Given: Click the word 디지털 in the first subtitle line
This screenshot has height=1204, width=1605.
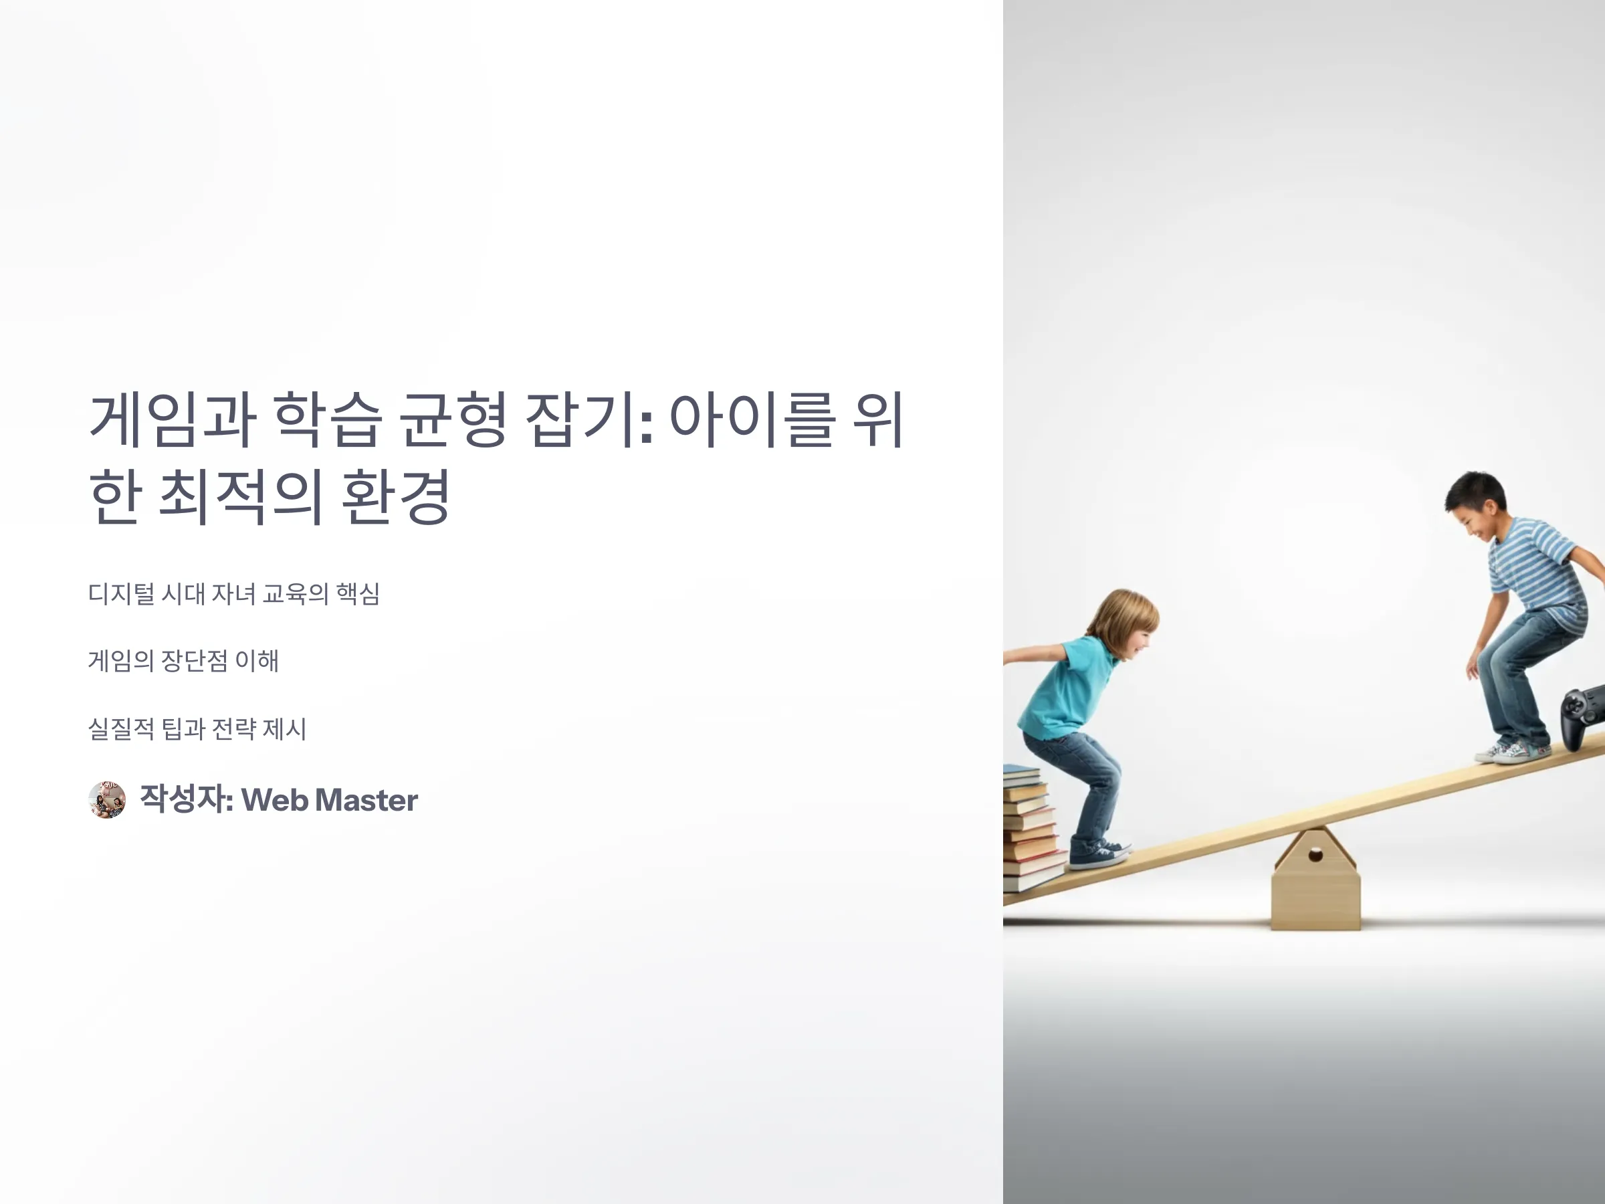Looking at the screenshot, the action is pos(121,594).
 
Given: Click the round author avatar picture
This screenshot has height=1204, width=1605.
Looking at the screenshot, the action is pos(106,800).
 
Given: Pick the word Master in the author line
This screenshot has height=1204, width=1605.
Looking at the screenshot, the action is pos(366,800).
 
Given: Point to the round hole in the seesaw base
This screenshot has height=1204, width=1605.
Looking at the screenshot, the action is pos(1315,855).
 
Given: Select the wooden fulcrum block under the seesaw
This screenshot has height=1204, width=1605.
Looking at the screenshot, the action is pos(1315,879).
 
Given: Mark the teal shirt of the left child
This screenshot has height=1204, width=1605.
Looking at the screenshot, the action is pos(1066,686).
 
